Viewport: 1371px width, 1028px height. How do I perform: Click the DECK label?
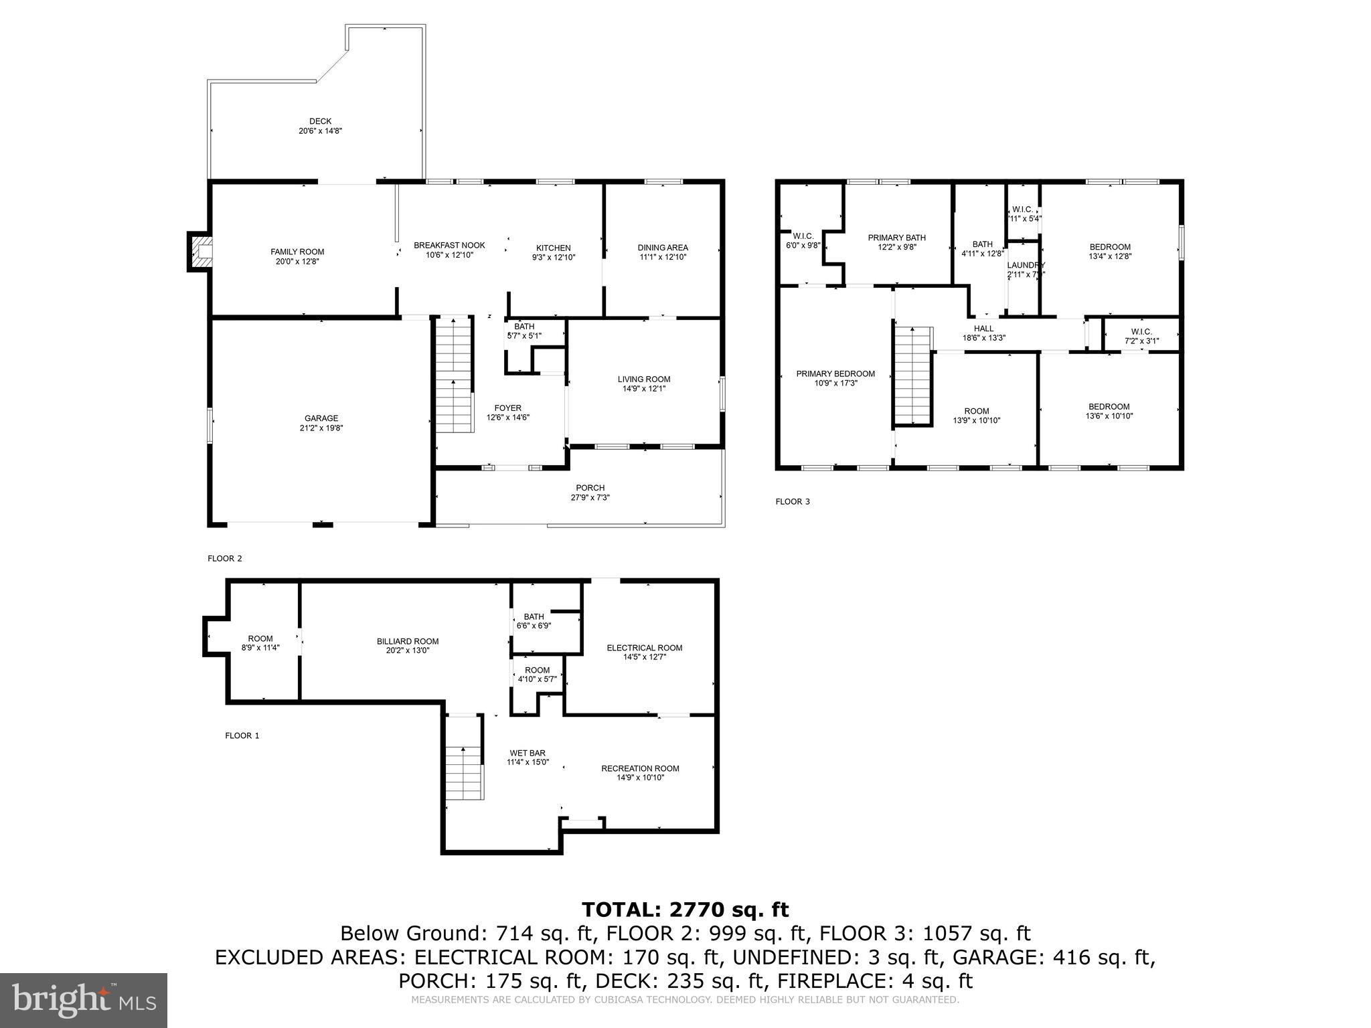point(320,121)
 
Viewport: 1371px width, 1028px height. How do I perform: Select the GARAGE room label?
point(321,418)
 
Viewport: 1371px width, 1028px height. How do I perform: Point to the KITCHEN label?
point(553,248)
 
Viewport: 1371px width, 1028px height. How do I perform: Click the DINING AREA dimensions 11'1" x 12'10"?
point(662,257)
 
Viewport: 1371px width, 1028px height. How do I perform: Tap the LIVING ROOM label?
point(643,379)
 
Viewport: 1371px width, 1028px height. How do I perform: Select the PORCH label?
point(590,488)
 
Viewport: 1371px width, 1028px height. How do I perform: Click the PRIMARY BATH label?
point(896,238)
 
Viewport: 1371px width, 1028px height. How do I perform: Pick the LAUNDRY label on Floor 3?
point(1026,265)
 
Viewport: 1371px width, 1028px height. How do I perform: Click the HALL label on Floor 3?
point(983,329)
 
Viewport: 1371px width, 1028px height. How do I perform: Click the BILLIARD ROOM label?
point(407,641)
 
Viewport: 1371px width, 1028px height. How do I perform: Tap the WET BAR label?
point(528,753)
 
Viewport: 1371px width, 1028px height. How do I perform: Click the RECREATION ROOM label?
point(639,768)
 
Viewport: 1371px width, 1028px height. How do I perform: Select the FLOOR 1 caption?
point(242,736)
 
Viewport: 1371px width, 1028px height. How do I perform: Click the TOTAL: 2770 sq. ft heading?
point(685,910)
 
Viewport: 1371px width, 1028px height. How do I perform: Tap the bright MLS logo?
point(84,1001)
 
